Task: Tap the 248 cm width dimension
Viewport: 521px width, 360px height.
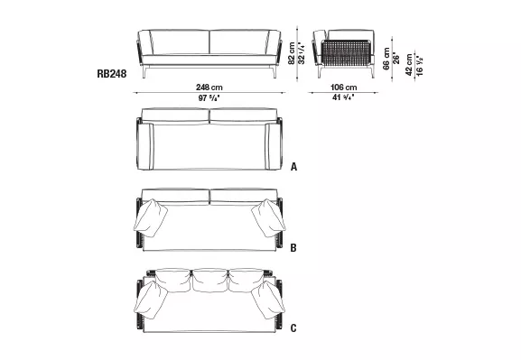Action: point(209,86)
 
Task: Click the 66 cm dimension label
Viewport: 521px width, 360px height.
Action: point(386,60)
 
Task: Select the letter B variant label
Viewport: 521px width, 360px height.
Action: point(294,245)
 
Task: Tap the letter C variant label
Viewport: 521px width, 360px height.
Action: point(294,327)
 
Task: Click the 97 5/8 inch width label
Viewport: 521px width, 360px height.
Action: point(209,97)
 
